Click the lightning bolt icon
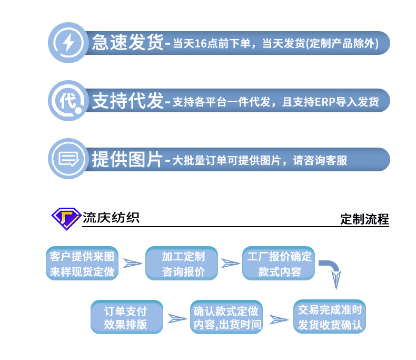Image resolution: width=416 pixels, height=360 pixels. coord(68,42)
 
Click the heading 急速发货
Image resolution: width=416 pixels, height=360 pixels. coord(128,42)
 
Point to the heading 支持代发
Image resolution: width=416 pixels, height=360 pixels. coord(128,101)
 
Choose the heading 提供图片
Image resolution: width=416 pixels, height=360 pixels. coord(128,159)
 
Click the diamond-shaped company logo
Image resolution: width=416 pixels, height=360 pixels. coord(66,218)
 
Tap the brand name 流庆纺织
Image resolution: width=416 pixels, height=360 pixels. coord(111,217)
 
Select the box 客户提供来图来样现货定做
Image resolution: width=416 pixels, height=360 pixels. coord(82,264)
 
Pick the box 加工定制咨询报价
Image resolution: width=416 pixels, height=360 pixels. coord(183,264)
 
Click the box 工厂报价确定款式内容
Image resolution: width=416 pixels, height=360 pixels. coord(279,264)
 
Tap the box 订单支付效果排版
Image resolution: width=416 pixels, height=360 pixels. coord(126,317)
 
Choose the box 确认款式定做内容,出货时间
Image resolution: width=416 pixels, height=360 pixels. coord(227,317)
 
